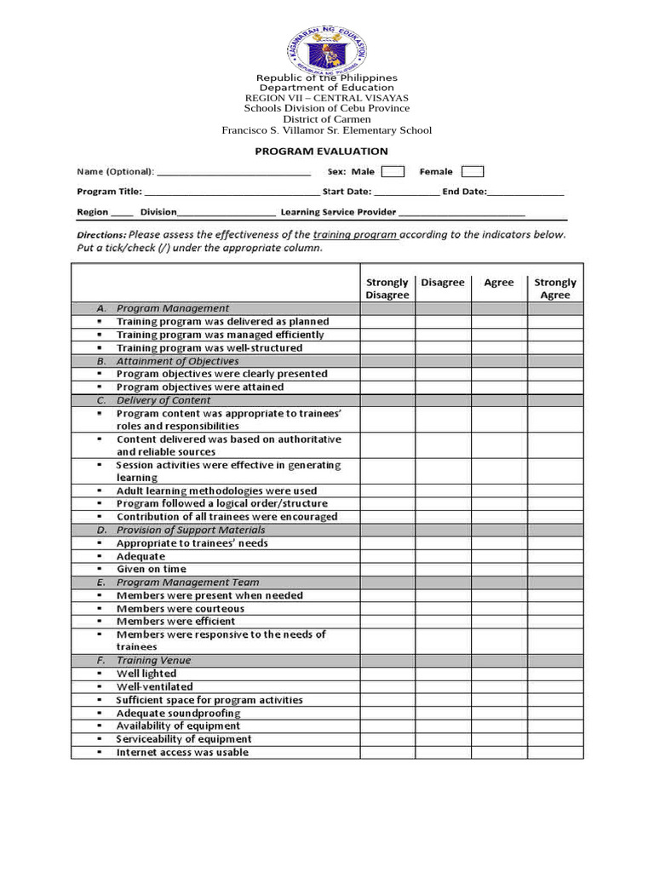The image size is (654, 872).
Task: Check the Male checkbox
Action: (393, 172)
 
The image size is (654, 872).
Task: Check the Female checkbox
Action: (472, 172)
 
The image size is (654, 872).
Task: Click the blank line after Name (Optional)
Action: (233, 172)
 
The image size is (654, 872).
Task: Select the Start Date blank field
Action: (406, 192)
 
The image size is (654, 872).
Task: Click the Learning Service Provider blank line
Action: (462, 212)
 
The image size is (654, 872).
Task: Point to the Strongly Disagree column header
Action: (387, 289)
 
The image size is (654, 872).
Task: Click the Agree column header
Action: (499, 283)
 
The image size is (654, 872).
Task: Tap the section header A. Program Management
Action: (172, 308)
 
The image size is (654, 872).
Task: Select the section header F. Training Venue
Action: (153, 660)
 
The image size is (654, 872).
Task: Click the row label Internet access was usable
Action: (182, 752)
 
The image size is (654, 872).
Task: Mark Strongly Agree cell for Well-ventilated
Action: (555, 686)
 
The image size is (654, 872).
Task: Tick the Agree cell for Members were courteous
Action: (499, 609)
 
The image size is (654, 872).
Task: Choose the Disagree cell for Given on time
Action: (443, 569)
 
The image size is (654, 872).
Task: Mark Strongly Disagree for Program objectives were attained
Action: (387, 387)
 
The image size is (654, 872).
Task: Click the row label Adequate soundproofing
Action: (178, 713)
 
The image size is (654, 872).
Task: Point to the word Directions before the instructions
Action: (101, 235)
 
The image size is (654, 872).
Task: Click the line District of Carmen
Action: (327, 119)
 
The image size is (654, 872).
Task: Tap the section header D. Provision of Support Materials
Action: (190, 530)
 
